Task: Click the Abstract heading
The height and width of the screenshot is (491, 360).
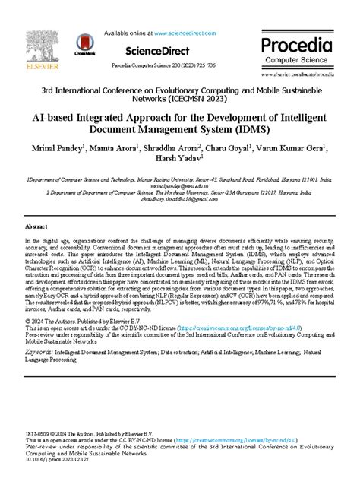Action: click(36, 226)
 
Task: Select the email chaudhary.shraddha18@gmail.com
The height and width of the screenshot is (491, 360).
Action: click(179, 201)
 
